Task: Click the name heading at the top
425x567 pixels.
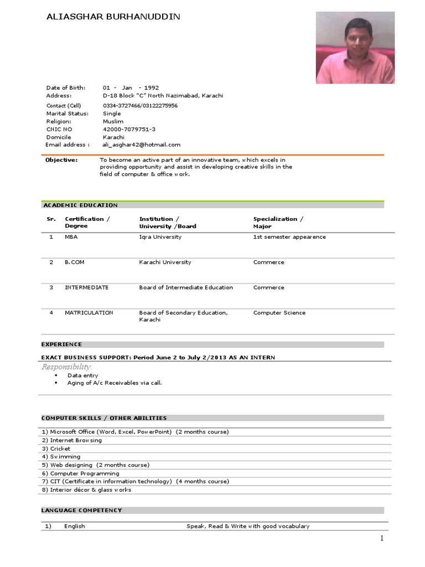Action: click(x=113, y=17)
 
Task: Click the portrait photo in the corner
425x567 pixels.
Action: click(x=355, y=48)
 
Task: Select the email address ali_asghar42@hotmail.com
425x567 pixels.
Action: click(x=142, y=145)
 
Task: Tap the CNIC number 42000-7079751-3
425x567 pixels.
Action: click(x=129, y=129)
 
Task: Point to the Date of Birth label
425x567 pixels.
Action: click(x=65, y=87)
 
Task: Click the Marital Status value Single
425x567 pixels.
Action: click(x=112, y=114)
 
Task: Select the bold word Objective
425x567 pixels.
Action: click(x=61, y=160)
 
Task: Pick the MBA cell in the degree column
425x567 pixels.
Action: click(x=70, y=237)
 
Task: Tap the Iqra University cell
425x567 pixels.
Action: click(x=160, y=237)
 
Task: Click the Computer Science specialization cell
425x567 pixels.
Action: click(x=279, y=313)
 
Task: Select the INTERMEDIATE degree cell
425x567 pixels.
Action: click(x=86, y=287)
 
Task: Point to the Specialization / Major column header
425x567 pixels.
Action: click(x=278, y=222)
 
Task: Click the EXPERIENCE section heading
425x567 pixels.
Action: click(x=61, y=344)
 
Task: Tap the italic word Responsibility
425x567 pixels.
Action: click(x=66, y=367)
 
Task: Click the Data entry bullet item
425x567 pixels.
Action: click(x=82, y=375)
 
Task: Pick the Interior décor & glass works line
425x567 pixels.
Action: click(x=90, y=490)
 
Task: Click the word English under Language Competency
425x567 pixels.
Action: click(x=74, y=526)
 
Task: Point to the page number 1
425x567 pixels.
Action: click(x=381, y=538)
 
